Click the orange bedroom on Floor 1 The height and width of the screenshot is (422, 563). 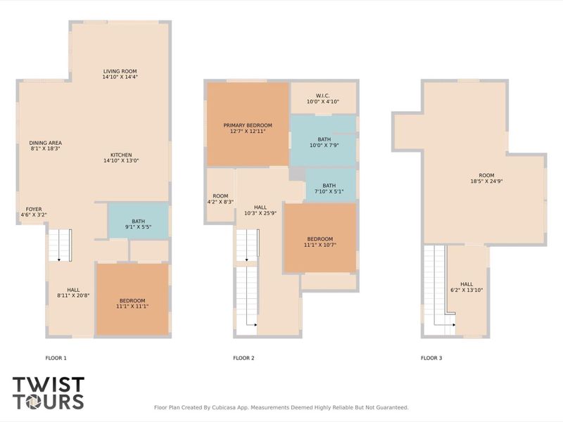click(x=132, y=300)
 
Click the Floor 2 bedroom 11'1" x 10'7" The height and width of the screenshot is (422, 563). click(x=320, y=239)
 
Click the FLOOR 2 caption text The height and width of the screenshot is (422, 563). click(x=243, y=358)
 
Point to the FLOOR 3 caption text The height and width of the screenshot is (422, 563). click(x=431, y=358)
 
